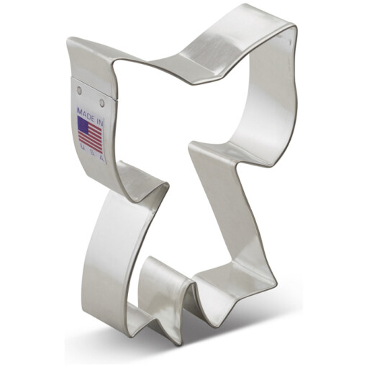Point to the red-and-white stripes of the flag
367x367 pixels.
coord(90,137)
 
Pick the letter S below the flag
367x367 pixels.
coord(93,153)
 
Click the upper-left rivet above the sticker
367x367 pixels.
coord(80,90)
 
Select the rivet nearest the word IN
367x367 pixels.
coord(102,104)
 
